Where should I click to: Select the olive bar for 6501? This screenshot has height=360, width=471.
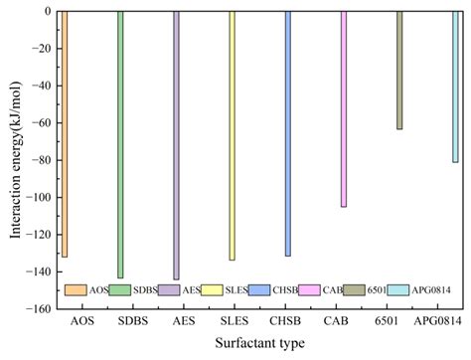point(399,70)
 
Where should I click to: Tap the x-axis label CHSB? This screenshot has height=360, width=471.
point(287,322)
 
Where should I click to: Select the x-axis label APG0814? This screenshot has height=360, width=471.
point(440,322)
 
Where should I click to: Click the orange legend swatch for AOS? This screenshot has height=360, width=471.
point(75,290)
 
